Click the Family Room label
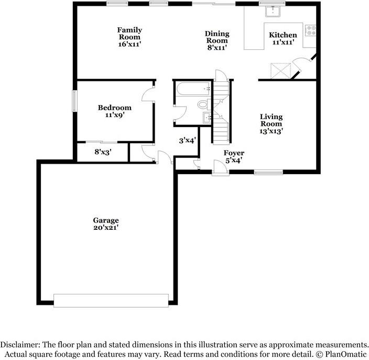(x=129, y=37)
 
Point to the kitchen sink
(x=273, y=12)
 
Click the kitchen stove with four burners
(x=310, y=30)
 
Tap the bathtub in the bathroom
(x=192, y=89)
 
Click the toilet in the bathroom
(x=203, y=104)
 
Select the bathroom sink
(x=207, y=118)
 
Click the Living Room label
(x=271, y=124)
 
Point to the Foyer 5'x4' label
(x=234, y=157)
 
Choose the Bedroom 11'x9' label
(x=114, y=111)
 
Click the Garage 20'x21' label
(x=106, y=224)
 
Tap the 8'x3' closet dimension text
(x=103, y=152)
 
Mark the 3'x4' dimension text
(x=187, y=141)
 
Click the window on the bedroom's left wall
(x=74, y=101)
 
